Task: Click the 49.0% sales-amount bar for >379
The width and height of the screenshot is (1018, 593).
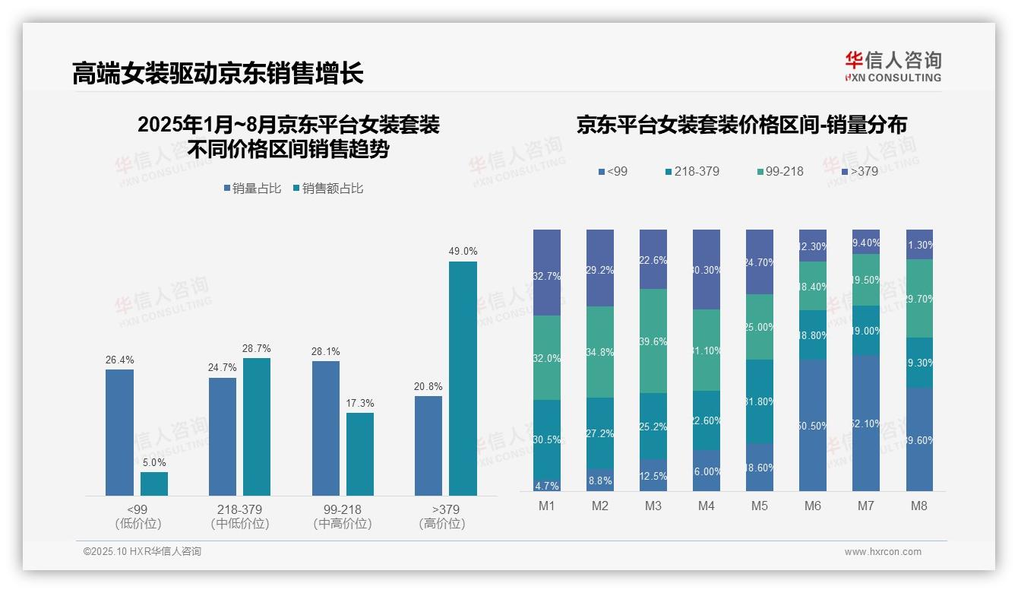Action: tap(463, 379)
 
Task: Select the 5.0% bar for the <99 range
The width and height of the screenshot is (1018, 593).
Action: tap(154, 484)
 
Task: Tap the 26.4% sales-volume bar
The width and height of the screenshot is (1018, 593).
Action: tap(119, 433)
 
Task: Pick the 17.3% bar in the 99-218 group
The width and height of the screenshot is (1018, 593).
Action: tap(360, 454)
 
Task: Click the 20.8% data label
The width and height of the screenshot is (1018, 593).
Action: tap(428, 386)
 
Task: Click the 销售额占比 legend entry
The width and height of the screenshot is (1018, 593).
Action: tap(328, 189)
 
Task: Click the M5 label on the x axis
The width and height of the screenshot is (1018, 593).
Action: tap(760, 506)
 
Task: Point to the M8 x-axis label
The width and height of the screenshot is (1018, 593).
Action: tap(919, 506)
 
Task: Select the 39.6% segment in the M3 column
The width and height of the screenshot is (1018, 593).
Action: tap(653, 341)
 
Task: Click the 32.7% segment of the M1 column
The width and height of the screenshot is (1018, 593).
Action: tap(547, 272)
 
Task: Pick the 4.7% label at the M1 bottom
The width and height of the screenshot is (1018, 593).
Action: tap(547, 486)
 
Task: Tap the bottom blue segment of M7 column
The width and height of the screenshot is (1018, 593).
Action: tap(866, 423)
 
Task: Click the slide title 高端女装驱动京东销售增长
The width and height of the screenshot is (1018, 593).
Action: tap(218, 73)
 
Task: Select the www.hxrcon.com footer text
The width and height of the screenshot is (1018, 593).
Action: tap(883, 552)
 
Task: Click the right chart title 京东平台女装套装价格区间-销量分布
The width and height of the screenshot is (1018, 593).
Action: tap(741, 125)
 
